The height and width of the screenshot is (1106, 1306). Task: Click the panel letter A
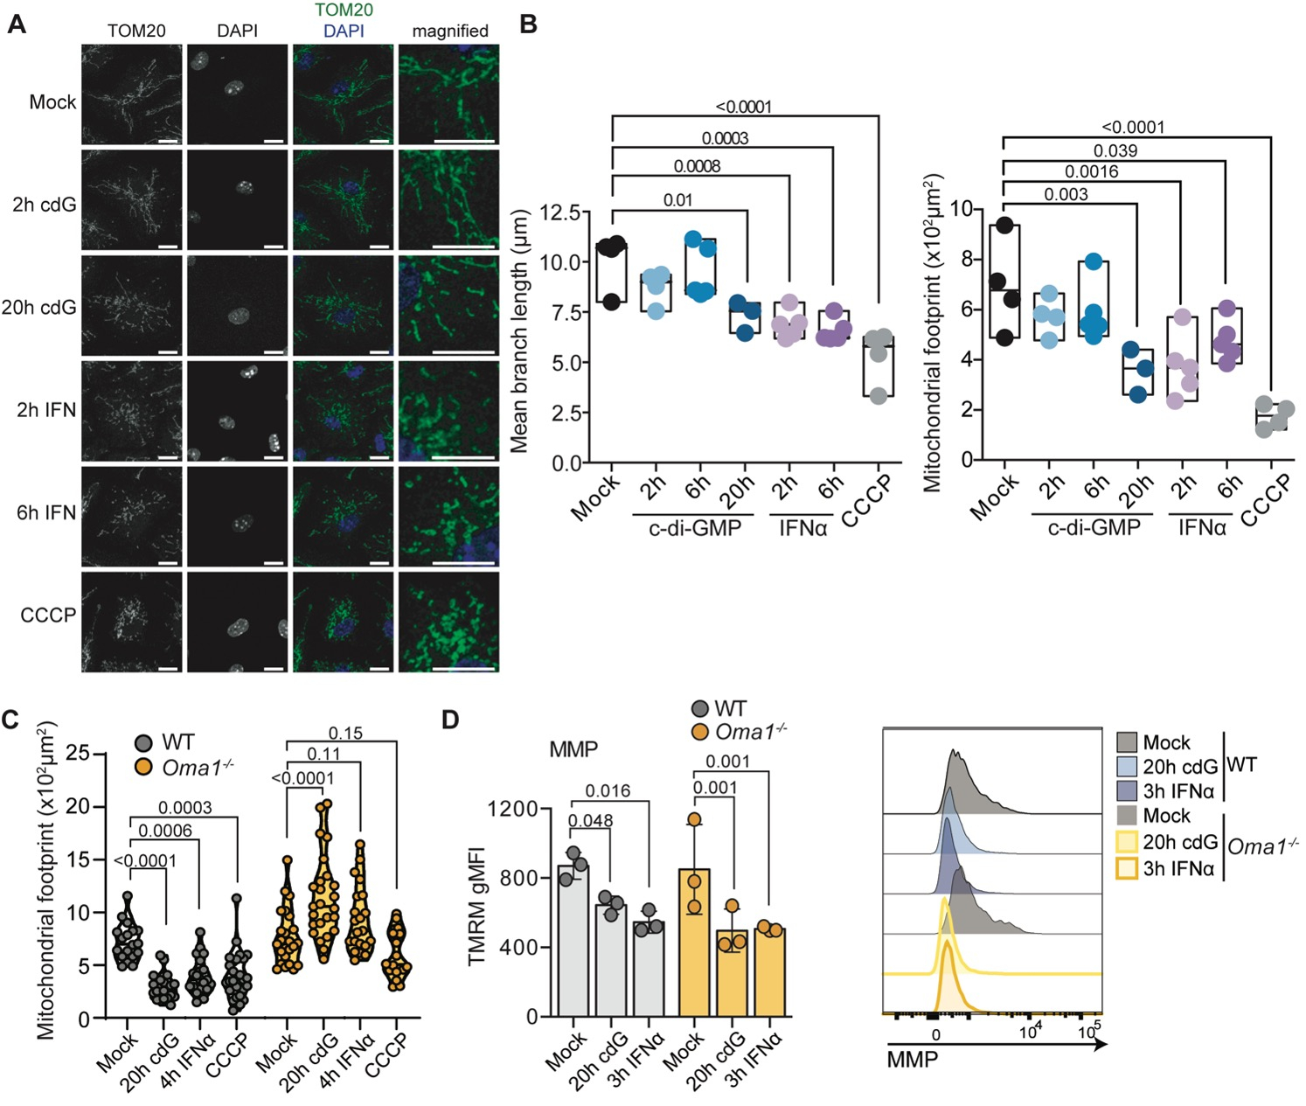pos(16,24)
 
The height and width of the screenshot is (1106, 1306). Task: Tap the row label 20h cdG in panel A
pos(39,308)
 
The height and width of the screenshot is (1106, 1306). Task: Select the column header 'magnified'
pos(449,31)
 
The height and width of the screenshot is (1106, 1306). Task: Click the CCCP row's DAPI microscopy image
pos(237,622)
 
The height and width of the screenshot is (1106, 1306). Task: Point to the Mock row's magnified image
pos(449,94)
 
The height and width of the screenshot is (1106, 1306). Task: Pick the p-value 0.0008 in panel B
pos(697,166)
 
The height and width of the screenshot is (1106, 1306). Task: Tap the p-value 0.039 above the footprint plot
pos(1115,150)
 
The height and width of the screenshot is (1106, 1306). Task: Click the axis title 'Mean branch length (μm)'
pos(519,330)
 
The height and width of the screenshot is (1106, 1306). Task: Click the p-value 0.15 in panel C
pos(345,733)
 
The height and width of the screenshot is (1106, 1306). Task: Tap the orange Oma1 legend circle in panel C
pos(143,767)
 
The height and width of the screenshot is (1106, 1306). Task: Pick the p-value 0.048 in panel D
pos(591,821)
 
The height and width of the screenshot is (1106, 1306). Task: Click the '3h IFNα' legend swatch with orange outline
pos(1127,868)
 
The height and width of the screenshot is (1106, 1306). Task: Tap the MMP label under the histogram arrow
pos(913,1060)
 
